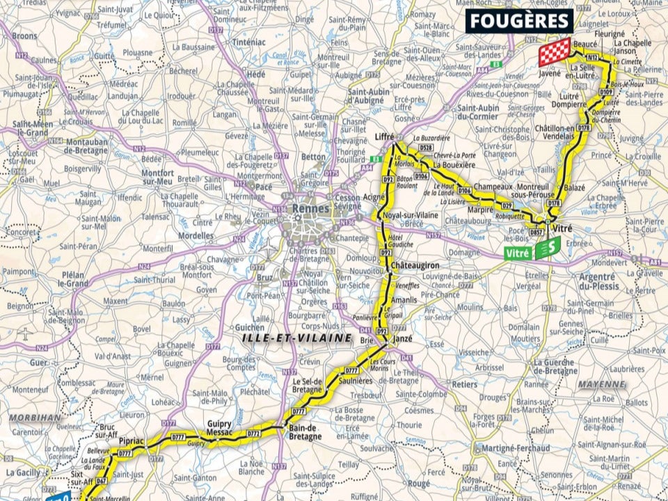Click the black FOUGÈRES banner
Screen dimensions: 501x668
pos(519,20)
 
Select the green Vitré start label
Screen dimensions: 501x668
pos(533,249)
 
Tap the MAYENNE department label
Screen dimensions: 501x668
pos(601,384)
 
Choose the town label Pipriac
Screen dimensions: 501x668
pos(132,441)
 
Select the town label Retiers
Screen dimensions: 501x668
pos(465,383)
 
